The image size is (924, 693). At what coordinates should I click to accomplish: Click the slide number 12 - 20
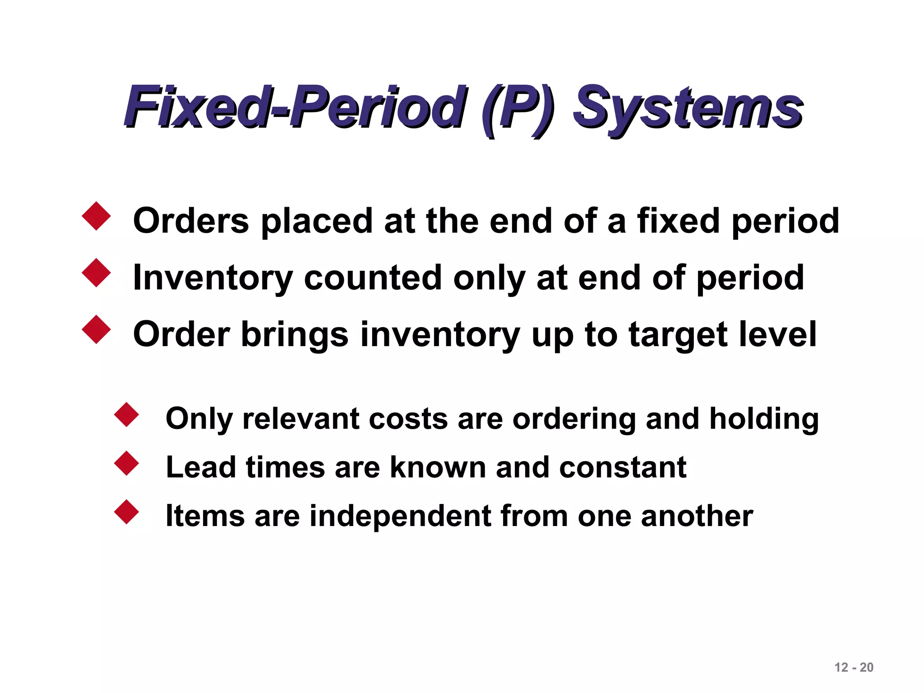854,667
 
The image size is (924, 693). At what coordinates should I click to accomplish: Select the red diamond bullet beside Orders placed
96,216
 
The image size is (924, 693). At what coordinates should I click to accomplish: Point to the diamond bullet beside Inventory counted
96,273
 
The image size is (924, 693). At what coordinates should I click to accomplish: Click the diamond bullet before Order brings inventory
96,329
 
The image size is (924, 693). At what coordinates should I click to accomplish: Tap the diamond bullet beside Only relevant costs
126,415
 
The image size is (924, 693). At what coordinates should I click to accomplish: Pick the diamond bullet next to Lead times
126,463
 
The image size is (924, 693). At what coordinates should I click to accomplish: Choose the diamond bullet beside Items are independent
126,512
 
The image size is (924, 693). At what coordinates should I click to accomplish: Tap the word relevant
300,419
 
